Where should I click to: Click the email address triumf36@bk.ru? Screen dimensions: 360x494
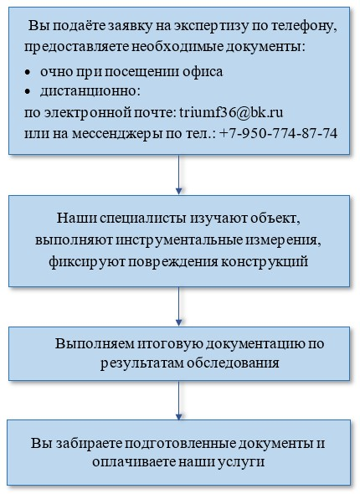pos(231,112)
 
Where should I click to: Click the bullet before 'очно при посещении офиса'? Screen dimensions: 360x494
pos(28,72)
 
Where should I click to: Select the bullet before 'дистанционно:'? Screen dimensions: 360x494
pos(28,91)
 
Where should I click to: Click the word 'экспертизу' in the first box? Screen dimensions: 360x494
pos(203,27)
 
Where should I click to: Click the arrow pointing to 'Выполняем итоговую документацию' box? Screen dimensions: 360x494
pos(178,306)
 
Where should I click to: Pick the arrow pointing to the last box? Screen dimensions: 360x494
pos(178,400)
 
